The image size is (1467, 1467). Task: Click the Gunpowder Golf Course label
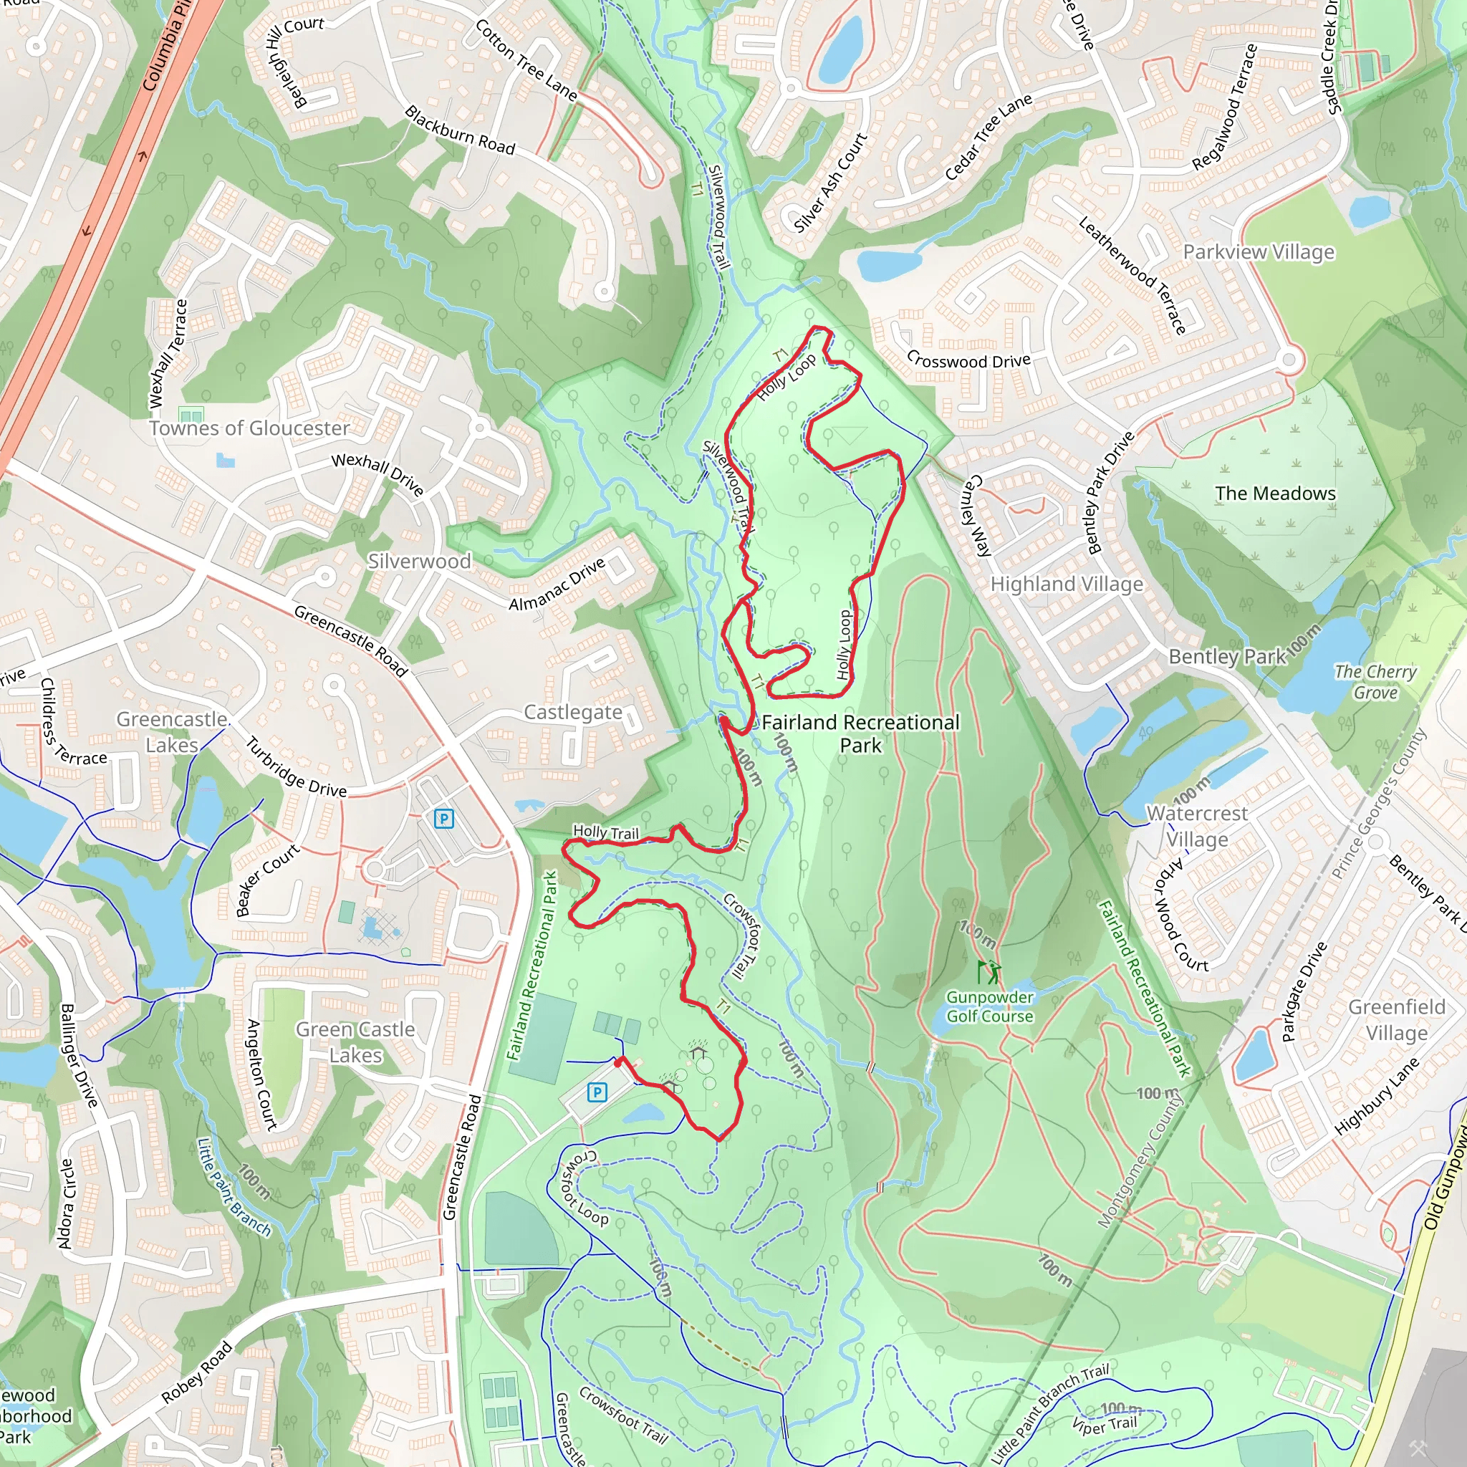point(989,1006)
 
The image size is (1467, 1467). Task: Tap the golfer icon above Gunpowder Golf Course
point(989,972)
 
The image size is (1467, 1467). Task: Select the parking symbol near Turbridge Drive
point(443,819)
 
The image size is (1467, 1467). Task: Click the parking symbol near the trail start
point(597,1092)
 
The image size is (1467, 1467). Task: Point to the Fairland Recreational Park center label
point(860,733)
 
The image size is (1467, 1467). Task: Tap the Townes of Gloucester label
point(249,428)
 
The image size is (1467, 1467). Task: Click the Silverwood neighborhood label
point(419,561)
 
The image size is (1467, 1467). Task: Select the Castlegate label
point(573,712)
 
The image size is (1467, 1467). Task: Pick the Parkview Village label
point(1258,252)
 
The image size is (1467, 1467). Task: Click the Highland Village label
point(1066,584)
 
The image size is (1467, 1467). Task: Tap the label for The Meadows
point(1275,494)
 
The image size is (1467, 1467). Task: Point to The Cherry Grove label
point(1375,682)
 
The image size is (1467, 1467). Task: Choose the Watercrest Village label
point(1197,826)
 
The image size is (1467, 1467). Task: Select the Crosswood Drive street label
point(968,361)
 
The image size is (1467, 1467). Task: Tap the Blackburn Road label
point(460,130)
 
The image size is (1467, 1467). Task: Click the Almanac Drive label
point(557,584)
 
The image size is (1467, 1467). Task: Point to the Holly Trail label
point(606,832)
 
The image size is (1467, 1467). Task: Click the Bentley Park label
point(1227,656)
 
